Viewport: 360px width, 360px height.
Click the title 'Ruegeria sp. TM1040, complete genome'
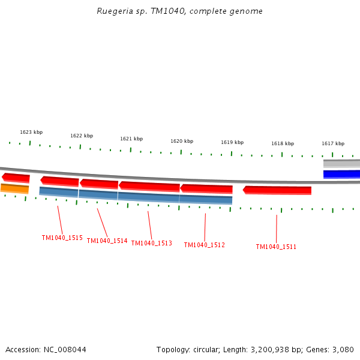tap(179, 11)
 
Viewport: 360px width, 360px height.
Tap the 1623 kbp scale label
tap(31, 132)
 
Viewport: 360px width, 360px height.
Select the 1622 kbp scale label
tap(82, 136)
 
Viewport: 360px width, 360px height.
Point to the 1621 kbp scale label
tap(131, 139)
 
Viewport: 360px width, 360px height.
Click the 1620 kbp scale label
tap(182, 141)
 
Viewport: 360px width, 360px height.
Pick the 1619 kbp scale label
tap(232, 142)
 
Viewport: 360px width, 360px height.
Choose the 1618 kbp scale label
tap(283, 143)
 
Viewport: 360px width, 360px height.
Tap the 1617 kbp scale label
tap(333, 143)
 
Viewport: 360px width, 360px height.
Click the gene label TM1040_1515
tap(62, 238)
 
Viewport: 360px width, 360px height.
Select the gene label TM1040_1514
tap(107, 241)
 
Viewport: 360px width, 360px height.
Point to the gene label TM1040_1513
tap(151, 243)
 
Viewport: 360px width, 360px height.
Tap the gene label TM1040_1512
tap(204, 245)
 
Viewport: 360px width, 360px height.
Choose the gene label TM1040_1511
tap(276, 247)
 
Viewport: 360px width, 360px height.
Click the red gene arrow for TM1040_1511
tap(277, 190)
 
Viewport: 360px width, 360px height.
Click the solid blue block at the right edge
tap(342, 174)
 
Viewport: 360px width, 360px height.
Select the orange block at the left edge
tap(15, 188)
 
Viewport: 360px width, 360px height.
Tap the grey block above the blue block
tap(342, 163)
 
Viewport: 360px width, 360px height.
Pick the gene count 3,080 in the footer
tap(343, 349)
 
